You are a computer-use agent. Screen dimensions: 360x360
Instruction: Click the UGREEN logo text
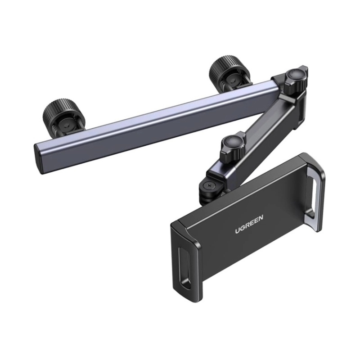249,224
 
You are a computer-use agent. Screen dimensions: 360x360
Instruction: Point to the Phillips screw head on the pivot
209,185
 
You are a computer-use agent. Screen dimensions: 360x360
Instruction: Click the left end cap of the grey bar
39,158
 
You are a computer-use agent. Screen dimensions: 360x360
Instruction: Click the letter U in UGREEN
237,230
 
